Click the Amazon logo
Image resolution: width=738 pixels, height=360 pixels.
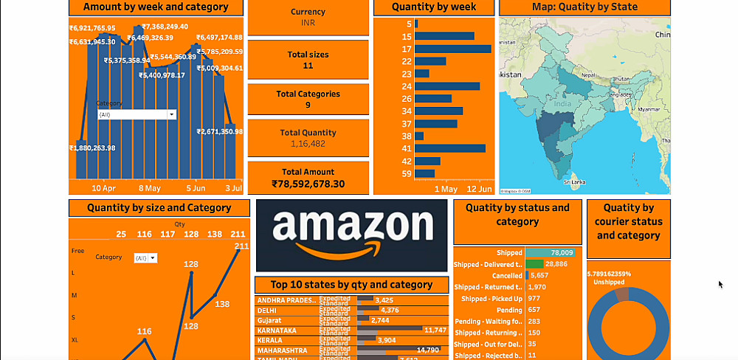click(352, 235)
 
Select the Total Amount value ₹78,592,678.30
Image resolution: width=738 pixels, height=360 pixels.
click(308, 184)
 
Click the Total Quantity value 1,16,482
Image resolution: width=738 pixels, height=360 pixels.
click(308, 143)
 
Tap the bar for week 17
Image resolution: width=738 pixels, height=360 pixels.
click(453, 49)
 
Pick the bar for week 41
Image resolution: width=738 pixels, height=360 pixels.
click(450, 148)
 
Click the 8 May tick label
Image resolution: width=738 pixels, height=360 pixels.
click(150, 188)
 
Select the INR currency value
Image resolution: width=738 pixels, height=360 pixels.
click(308, 23)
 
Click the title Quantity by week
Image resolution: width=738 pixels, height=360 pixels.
click(434, 7)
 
